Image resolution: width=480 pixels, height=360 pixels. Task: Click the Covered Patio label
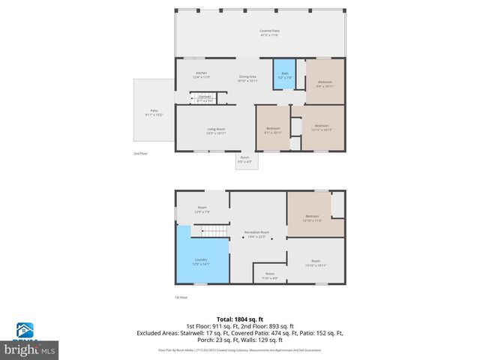(259, 33)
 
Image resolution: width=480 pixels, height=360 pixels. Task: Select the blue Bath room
(284, 74)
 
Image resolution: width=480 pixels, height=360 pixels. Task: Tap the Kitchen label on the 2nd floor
(202, 75)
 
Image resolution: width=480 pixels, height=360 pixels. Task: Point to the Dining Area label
(248, 78)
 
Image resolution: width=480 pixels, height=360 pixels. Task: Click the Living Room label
(217, 131)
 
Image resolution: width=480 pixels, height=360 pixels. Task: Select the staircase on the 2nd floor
(203, 97)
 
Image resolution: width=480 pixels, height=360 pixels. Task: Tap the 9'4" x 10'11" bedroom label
(324, 83)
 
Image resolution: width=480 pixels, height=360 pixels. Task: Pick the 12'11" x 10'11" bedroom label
(321, 127)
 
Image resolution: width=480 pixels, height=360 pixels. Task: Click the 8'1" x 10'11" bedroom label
(273, 130)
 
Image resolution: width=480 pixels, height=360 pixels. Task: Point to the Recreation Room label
(258, 235)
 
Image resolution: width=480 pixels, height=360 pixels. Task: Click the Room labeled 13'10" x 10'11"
(315, 264)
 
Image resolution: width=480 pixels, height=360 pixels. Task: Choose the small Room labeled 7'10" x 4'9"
(270, 276)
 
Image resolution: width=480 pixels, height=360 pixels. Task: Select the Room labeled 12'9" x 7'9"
(202, 209)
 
